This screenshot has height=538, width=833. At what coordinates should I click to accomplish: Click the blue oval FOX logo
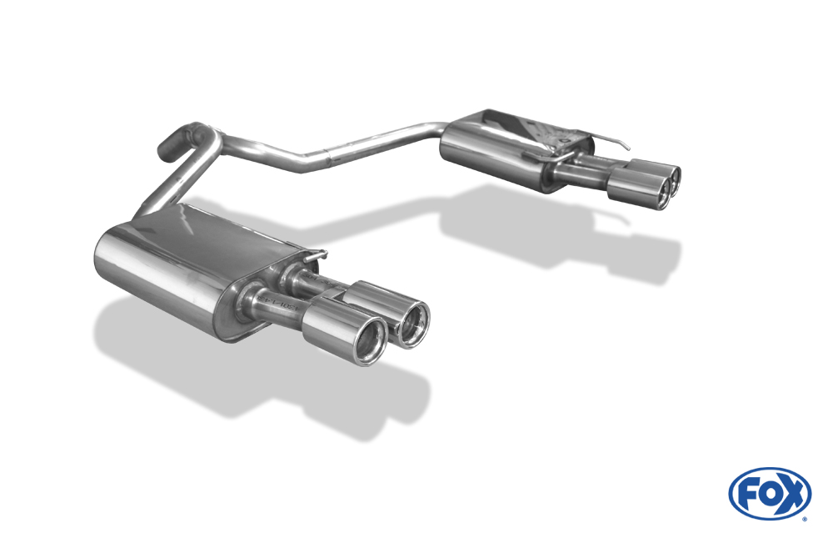[x=770, y=493]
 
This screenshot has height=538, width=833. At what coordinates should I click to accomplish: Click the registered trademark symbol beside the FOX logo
[x=805, y=518]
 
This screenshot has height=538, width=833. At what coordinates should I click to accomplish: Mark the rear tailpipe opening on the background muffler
[x=672, y=176]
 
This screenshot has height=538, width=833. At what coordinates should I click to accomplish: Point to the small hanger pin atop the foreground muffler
[x=321, y=253]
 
